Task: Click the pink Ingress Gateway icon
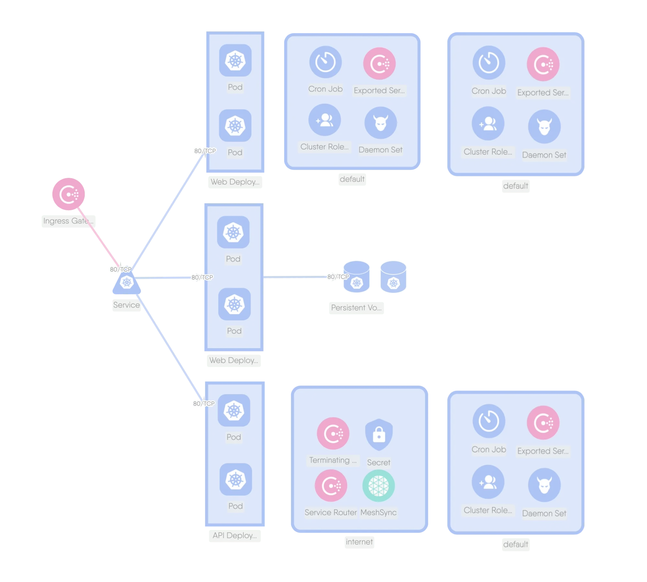tap(68, 194)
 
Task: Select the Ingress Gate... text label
tap(68, 221)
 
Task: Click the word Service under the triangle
tap(126, 305)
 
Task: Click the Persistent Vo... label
tap(356, 307)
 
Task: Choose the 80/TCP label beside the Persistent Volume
tap(338, 277)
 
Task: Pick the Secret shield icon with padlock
tap(379, 434)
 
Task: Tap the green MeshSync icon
tap(378, 486)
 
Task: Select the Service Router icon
tap(331, 485)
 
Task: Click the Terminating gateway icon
tap(333, 433)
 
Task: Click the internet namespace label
tap(359, 542)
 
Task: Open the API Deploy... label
tap(235, 535)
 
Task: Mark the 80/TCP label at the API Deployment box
tap(203, 404)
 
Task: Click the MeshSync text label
tap(378, 512)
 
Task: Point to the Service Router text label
tap(331, 512)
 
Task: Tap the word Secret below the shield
tap(378, 462)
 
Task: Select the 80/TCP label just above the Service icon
tap(120, 269)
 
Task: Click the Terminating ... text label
tap(333, 460)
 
